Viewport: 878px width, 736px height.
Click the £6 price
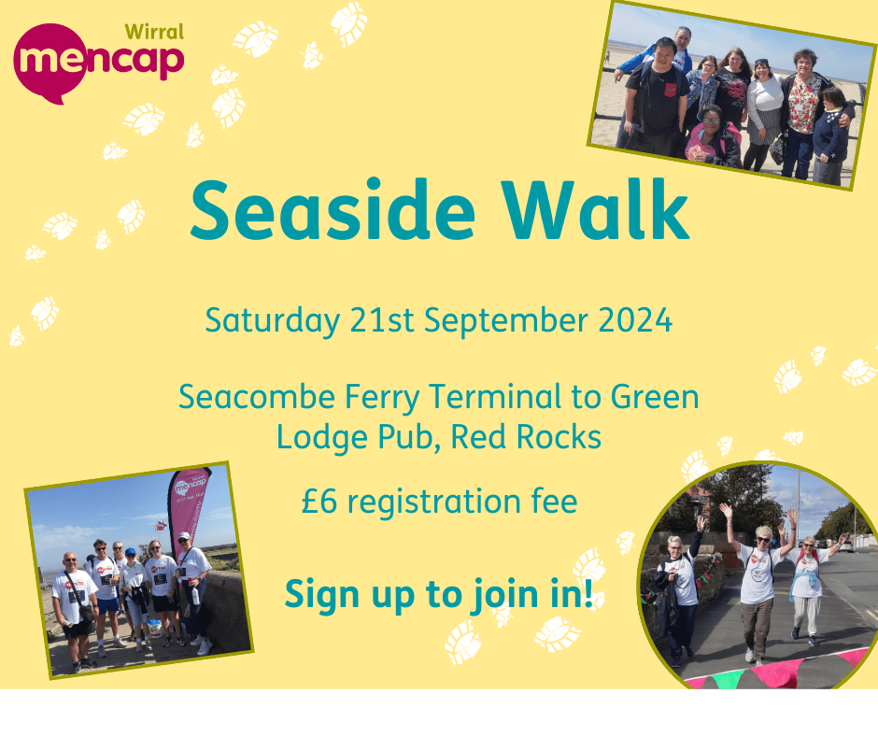pos(318,502)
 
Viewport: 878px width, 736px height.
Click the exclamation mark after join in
pos(588,592)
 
